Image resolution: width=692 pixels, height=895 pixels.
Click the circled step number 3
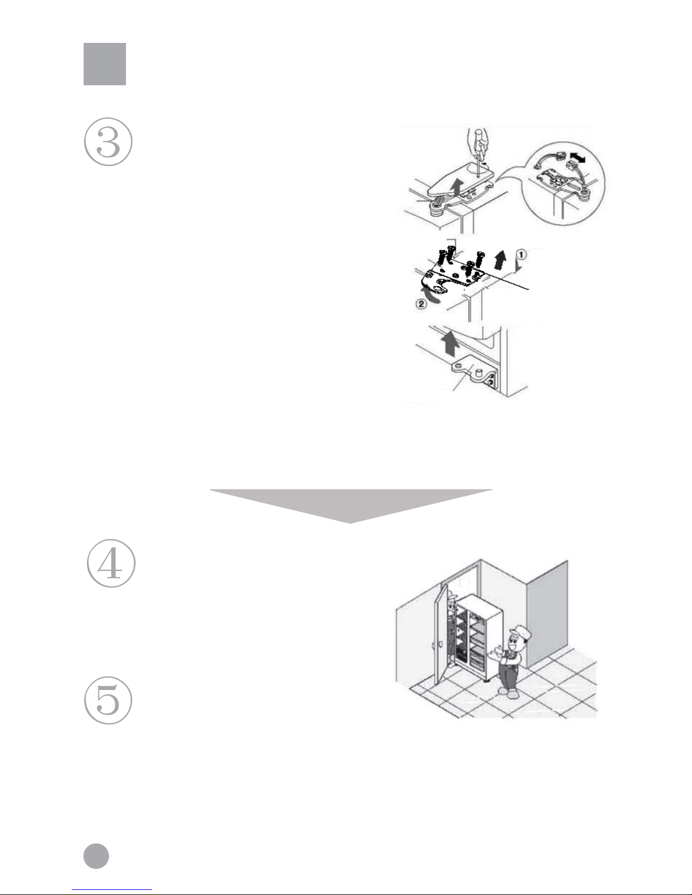(x=108, y=142)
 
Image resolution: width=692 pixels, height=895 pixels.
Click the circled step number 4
(x=111, y=563)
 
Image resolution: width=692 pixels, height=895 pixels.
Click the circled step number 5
(x=108, y=700)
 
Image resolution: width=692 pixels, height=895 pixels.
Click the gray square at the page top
(x=105, y=64)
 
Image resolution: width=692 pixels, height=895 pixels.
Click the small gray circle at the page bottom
(x=97, y=856)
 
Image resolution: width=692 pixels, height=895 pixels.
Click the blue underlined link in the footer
(x=112, y=890)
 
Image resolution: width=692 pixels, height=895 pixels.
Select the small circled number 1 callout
(x=521, y=255)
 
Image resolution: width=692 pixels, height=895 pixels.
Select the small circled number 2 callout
(x=420, y=304)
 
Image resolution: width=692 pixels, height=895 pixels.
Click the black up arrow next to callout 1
(x=500, y=260)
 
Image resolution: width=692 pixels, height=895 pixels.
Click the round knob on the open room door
(x=439, y=644)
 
